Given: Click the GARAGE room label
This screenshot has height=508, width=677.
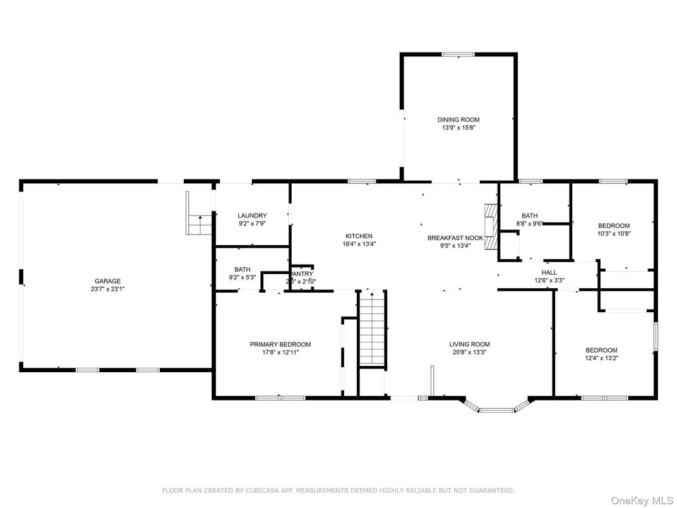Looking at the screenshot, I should (x=107, y=281).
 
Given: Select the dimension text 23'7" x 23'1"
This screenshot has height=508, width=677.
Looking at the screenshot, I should (x=107, y=289).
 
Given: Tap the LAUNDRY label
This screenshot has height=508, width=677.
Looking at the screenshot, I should (x=252, y=215).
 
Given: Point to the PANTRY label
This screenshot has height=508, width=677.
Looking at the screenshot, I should (x=302, y=274).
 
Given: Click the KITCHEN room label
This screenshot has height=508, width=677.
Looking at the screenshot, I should (x=358, y=236).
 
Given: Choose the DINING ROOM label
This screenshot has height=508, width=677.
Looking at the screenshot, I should (x=458, y=119).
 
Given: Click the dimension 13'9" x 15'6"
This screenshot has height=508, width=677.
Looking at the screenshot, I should (x=458, y=128).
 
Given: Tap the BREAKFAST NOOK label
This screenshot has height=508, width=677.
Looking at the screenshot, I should (x=455, y=238).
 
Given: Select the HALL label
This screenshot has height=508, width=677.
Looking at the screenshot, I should (x=549, y=272).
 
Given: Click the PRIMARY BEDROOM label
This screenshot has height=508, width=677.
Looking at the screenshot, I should (x=280, y=344).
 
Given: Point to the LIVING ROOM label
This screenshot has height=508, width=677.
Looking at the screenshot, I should (x=470, y=344).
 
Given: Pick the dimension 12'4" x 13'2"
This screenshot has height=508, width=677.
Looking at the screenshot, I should (x=601, y=358).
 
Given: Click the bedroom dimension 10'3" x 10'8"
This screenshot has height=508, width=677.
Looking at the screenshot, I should (x=614, y=234).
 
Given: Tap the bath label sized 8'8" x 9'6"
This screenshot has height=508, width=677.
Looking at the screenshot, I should (x=529, y=215).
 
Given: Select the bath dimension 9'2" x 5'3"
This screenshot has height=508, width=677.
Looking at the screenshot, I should (x=243, y=277).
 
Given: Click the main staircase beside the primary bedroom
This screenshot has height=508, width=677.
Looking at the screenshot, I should (x=372, y=329).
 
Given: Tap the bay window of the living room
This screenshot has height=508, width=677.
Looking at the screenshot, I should (x=496, y=409).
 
